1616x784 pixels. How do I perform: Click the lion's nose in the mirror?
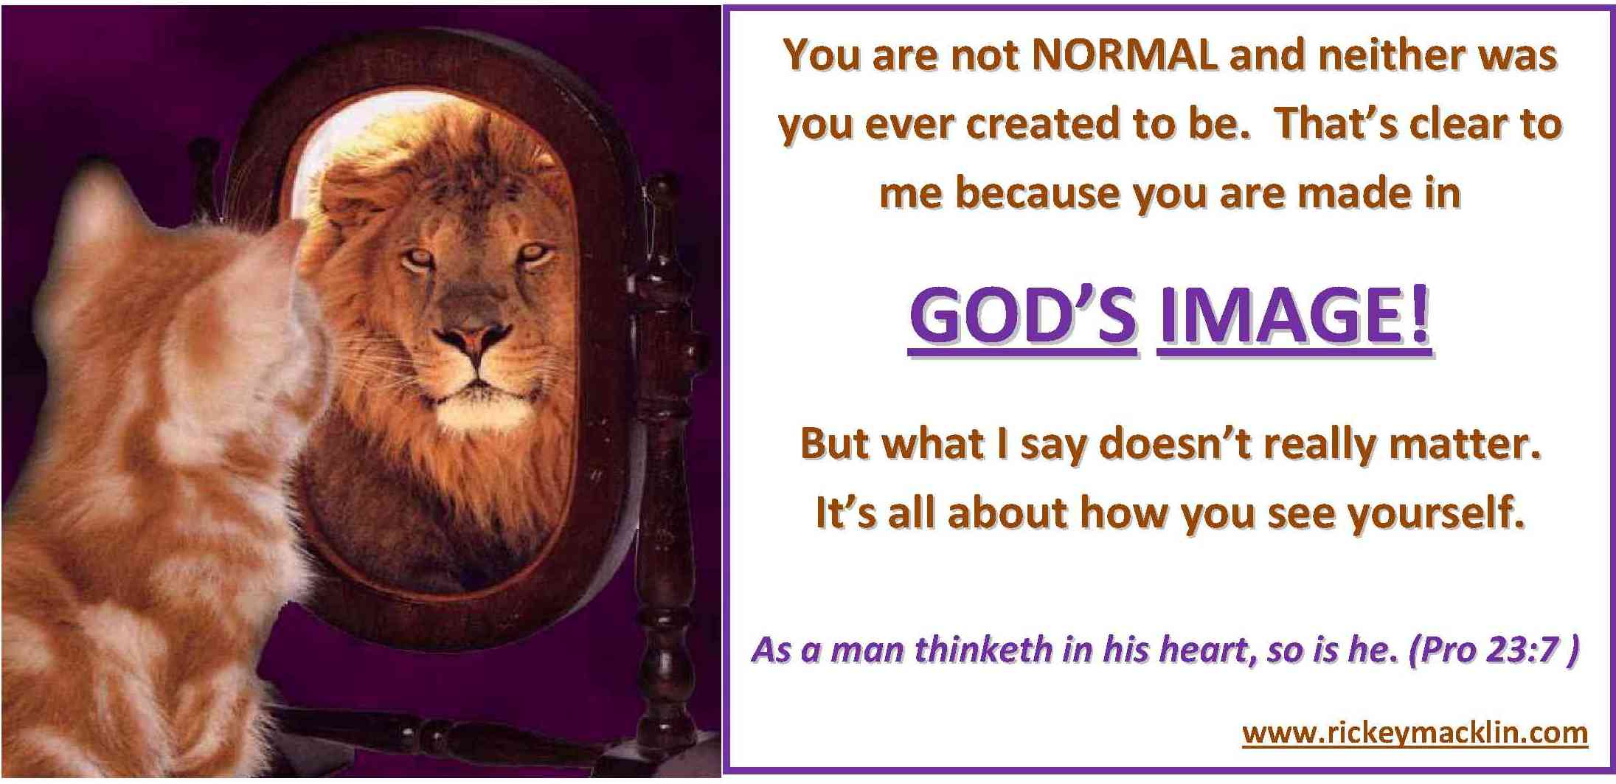[472, 340]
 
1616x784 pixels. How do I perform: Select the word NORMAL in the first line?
[1124, 55]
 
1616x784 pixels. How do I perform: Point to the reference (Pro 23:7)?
[1493, 650]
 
